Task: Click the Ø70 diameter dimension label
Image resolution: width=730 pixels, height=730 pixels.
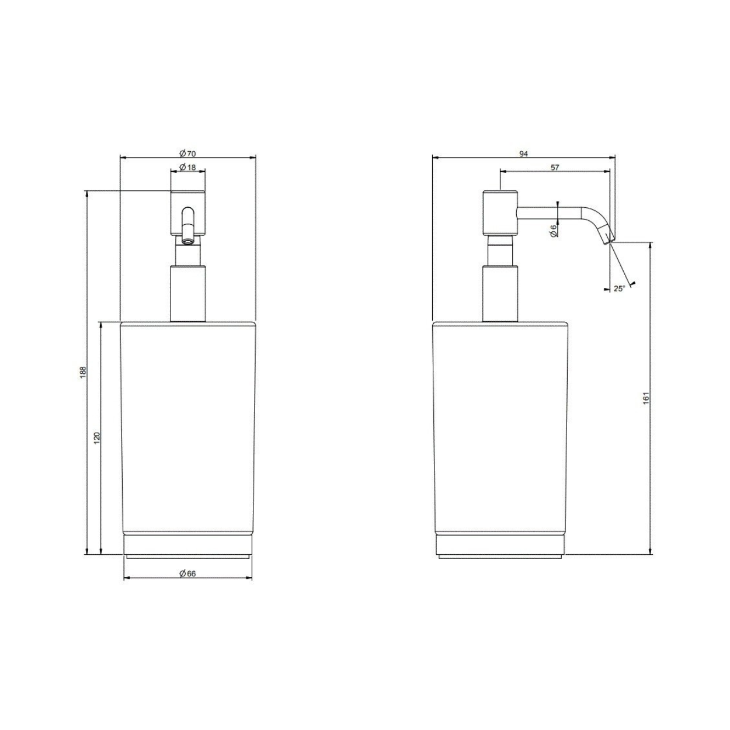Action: point(187,154)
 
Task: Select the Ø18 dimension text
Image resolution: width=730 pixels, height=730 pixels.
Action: point(187,167)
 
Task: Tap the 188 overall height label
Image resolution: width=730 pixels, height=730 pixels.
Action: point(84,371)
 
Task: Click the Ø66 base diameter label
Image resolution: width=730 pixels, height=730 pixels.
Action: point(187,573)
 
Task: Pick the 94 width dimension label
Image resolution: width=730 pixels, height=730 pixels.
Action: point(523,154)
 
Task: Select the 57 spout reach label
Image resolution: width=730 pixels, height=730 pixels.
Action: point(555,167)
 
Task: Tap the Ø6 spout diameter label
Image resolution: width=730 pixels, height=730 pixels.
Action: point(554,231)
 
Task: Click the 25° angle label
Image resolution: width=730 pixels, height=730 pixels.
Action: point(619,288)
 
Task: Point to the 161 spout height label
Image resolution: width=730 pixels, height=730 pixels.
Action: point(646,398)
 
